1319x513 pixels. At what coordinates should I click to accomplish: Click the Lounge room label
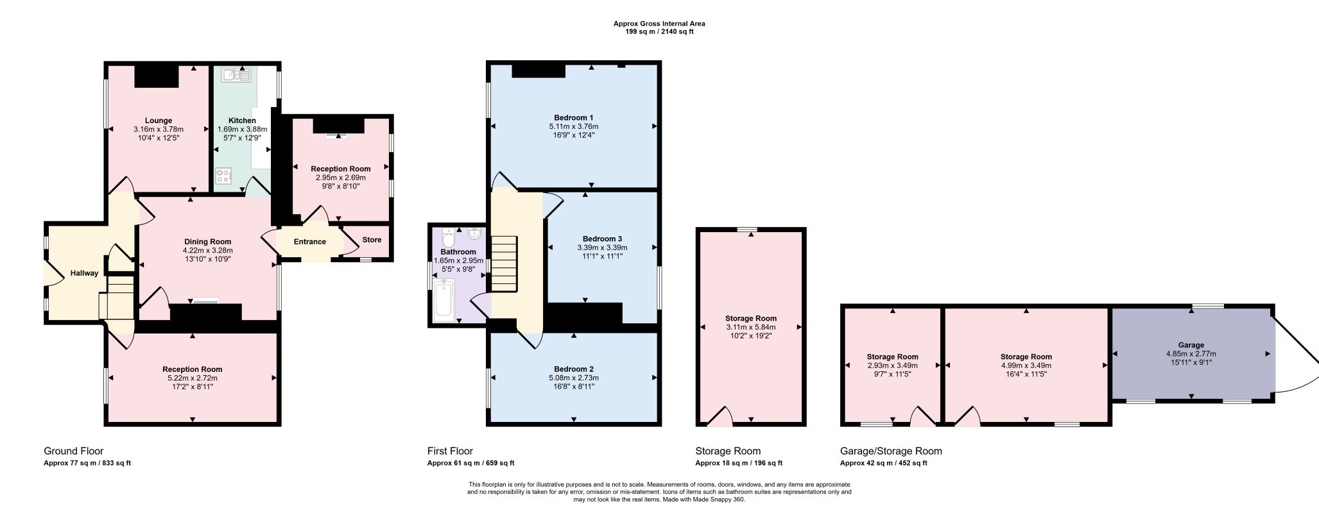[159, 121]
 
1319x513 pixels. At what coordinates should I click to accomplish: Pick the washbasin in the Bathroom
[475, 233]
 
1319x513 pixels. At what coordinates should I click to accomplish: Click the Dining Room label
[208, 242]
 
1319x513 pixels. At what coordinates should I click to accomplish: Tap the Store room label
[372, 240]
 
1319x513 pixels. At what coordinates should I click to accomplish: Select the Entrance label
[310, 242]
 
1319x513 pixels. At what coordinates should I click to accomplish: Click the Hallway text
[85, 273]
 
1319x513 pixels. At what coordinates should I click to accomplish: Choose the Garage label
[1191, 345]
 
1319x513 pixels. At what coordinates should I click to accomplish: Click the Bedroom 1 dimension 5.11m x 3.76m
[574, 126]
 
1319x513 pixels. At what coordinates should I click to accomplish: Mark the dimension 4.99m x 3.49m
[1026, 366]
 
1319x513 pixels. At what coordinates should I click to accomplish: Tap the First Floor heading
[450, 451]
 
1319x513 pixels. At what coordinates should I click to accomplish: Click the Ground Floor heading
[73, 451]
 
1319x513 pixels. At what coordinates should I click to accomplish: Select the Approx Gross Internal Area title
[659, 24]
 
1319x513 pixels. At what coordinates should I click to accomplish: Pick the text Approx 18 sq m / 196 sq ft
[739, 463]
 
